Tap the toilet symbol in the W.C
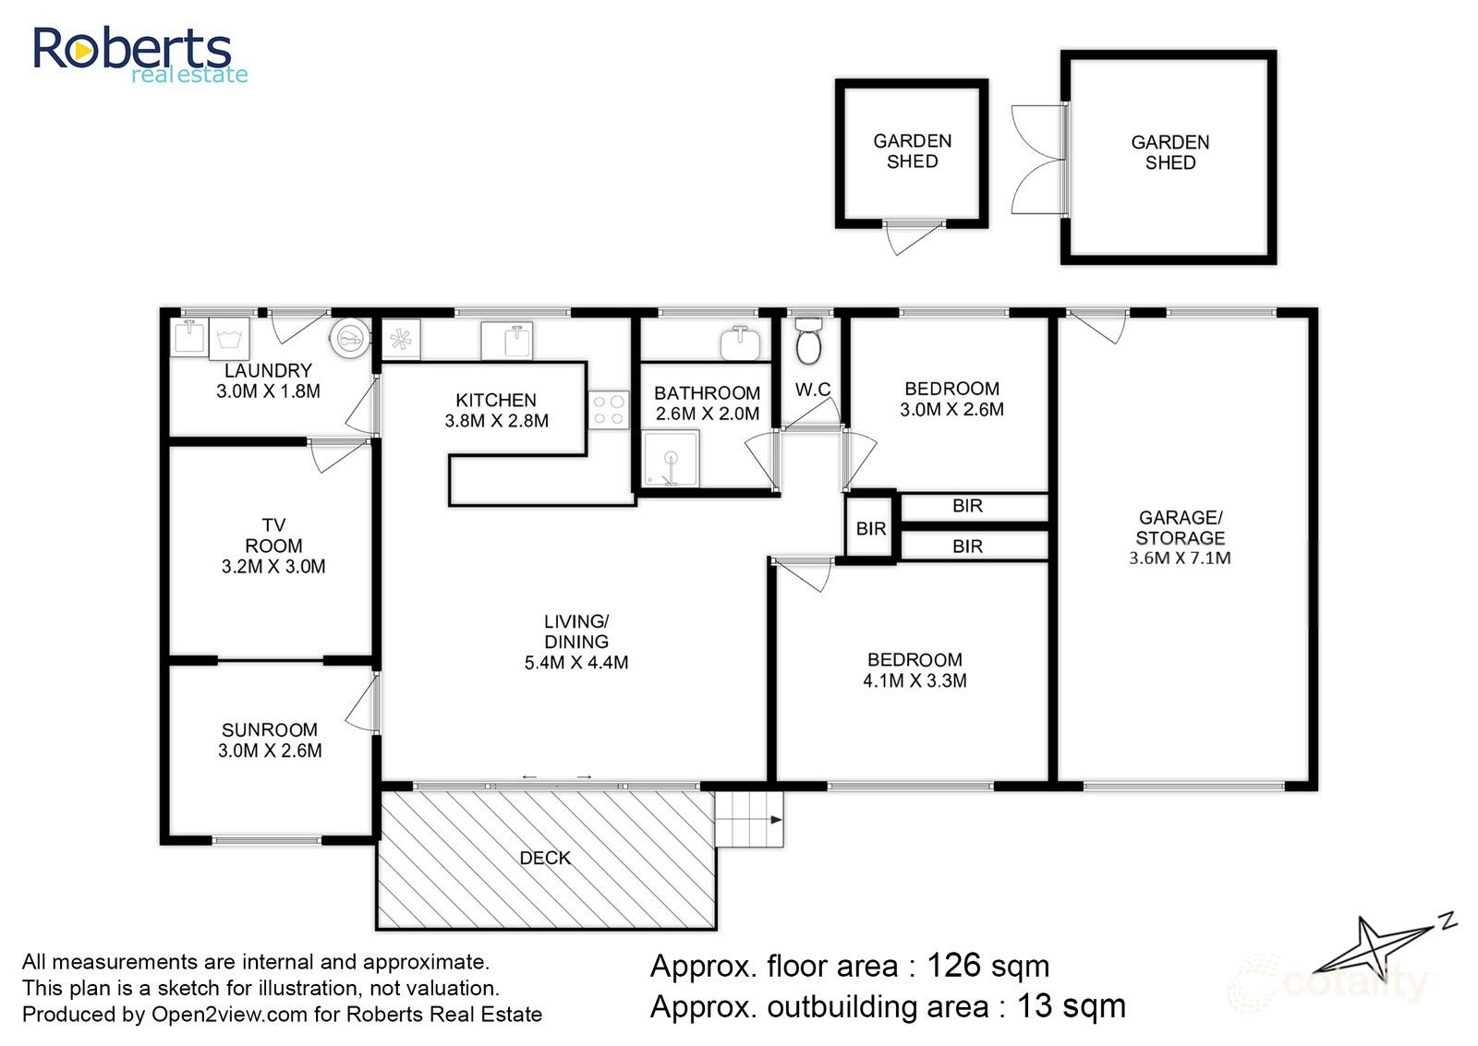pyautogui.click(x=808, y=342)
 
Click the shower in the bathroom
pyautogui.click(x=671, y=458)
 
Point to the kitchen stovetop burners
pyautogui.click(x=609, y=409)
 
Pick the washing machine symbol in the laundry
pyautogui.click(x=230, y=338)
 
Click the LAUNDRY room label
pyautogui.click(x=268, y=370)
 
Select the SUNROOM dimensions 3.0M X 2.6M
pyautogui.click(x=270, y=751)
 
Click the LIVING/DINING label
pyautogui.click(x=576, y=631)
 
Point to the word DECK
pyautogui.click(x=545, y=858)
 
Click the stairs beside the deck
pyautogui.click(x=749, y=819)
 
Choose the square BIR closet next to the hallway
pyautogui.click(x=871, y=528)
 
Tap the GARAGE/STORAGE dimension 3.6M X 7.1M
pyautogui.click(x=1180, y=558)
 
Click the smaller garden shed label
pyautogui.click(x=912, y=151)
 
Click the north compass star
pyautogui.click(x=1377, y=944)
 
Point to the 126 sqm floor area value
pyautogui.click(x=987, y=966)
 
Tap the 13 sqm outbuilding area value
pyautogui.click(x=1071, y=1006)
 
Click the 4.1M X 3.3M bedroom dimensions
pyautogui.click(x=915, y=681)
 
